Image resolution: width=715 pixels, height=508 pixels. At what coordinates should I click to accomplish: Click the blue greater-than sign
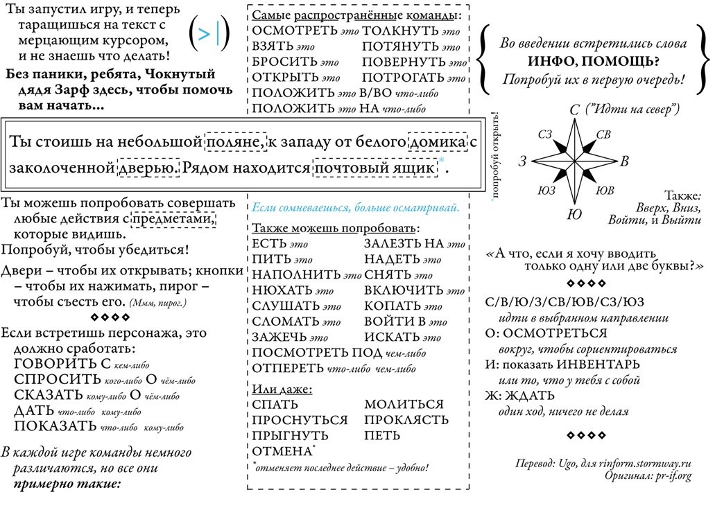point(204,35)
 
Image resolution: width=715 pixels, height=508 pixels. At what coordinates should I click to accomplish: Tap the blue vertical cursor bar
point(218,33)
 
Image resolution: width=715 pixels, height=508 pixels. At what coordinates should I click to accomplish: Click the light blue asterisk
point(441,160)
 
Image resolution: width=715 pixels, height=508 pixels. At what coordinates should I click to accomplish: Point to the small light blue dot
point(492,200)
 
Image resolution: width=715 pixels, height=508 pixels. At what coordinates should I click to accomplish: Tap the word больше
point(372,208)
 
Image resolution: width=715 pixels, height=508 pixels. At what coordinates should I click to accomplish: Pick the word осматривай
point(424,208)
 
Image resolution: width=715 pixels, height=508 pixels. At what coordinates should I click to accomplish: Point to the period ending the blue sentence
point(458,211)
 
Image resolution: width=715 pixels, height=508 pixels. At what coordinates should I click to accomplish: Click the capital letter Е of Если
point(255,208)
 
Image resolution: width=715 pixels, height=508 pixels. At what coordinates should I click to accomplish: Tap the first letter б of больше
point(356,207)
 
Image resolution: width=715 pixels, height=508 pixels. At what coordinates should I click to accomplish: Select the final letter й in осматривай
point(454,208)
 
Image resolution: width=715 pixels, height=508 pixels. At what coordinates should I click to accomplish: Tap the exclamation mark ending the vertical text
point(494,114)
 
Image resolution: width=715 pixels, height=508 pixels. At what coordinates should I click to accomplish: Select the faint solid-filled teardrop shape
point(588,175)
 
